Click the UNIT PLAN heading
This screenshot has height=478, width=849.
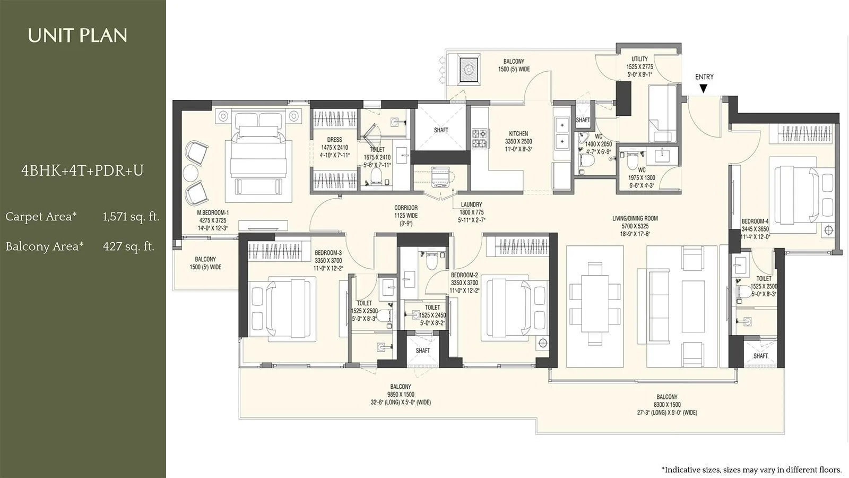pyautogui.click(x=77, y=36)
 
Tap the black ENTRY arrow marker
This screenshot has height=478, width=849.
pyautogui.click(x=704, y=89)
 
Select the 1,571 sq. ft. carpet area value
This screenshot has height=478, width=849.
pyautogui.click(x=131, y=217)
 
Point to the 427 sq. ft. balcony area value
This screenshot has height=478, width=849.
pyautogui.click(x=128, y=246)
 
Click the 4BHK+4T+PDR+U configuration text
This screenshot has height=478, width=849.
pyautogui.click(x=82, y=170)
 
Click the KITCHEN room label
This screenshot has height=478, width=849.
pyautogui.click(x=518, y=134)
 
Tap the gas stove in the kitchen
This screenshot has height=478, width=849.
pyautogui.click(x=479, y=139)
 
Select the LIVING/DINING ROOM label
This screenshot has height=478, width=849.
pyautogui.click(x=635, y=218)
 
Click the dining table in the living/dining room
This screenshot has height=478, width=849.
pyautogui.click(x=595, y=299)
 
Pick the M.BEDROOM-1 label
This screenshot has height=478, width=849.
pyautogui.click(x=213, y=212)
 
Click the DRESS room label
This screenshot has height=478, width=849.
pyautogui.click(x=334, y=140)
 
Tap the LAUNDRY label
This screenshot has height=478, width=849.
pyautogui.click(x=471, y=204)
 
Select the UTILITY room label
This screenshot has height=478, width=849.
pyautogui.click(x=639, y=59)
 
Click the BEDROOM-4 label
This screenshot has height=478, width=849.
pyautogui.click(x=755, y=221)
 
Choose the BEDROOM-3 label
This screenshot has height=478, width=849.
pyautogui.click(x=328, y=253)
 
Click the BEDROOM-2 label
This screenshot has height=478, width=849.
pyautogui.click(x=464, y=275)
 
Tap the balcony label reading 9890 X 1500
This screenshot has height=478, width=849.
pyautogui.click(x=401, y=395)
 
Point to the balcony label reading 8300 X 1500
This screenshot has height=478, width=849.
pyautogui.click(x=667, y=405)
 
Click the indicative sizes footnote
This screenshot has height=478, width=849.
pyautogui.click(x=751, y=470)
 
